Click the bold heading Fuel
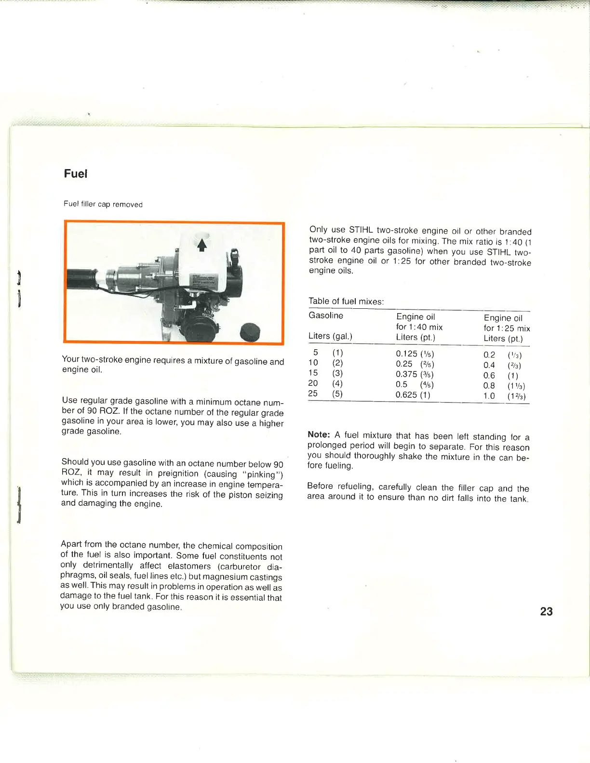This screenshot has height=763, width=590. (x=76, y=174)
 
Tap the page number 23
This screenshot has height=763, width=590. (x=546, y=611)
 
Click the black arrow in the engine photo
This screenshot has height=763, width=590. (x=202, y=245)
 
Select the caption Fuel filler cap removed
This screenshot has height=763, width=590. (x=103, y=204)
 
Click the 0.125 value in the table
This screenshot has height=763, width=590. (x=407, y=354)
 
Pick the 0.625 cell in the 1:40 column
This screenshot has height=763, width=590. (x=406, y=395)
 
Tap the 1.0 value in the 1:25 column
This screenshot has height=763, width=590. (x=489, y=396)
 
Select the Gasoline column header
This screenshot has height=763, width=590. (x=326, y=316)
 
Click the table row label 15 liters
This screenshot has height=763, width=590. (x=313, y=373)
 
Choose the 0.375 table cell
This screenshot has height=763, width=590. (x=406, y=374)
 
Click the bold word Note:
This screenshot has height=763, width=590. (x=319, y=434)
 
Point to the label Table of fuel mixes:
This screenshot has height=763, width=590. (x=346, y=302)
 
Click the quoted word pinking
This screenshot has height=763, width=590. (x=260, y=474)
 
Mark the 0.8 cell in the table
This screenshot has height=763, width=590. (x=489, y=385)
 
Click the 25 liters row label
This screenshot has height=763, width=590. (x=313, y=394)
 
